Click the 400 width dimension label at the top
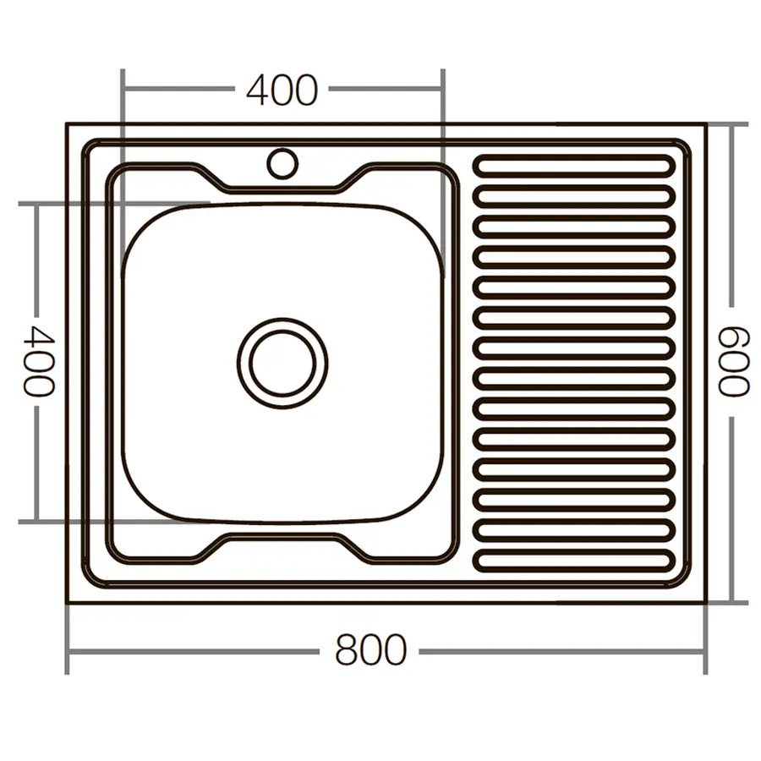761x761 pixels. tap(282, 90)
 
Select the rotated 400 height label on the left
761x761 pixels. tap(38, 361)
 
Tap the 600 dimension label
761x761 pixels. tap(733, 362)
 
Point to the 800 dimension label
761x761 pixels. tap(370, 651)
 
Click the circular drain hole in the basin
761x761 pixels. tap(282, 363)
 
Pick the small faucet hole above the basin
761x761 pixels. tap(282, 162)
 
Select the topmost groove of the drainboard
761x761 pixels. tap(574, 167)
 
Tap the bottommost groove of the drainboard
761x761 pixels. tap(574, 559)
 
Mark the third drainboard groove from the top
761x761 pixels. tap(574, 227)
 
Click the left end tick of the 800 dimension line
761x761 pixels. tap(68, 652)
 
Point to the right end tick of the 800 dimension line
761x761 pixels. tap(705, 652)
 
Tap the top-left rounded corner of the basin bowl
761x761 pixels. tap(140, 222)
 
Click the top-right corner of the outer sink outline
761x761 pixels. tap(705, 124)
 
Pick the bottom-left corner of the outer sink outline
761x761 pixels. tap(68, 602)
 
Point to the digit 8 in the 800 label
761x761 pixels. tap(347, 651)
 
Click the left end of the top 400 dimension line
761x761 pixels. tap(123, 89)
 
